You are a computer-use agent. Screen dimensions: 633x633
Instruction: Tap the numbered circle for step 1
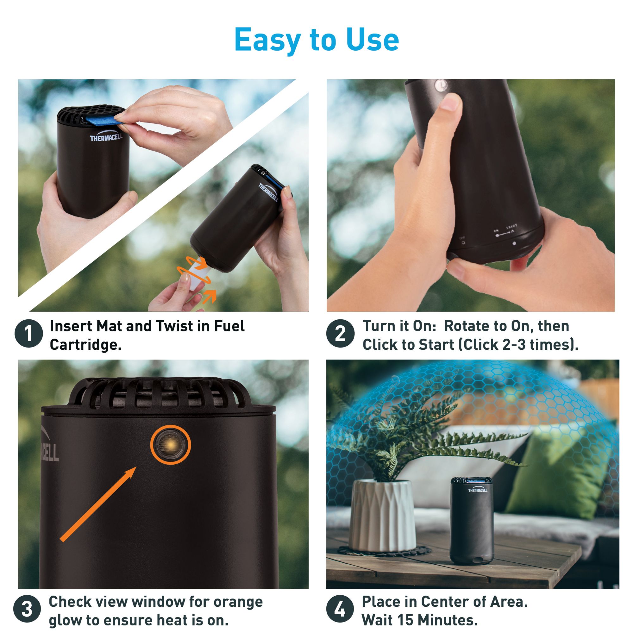click(x=29, y=335)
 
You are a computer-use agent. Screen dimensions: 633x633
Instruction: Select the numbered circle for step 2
click(x=341, y=335)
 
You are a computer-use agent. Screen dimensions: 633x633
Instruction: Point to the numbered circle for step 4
click(x=341, y=610)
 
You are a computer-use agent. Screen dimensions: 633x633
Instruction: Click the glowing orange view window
click(x=170, y=445)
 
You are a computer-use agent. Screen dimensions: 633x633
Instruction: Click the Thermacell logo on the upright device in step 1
click(x=106, y=137)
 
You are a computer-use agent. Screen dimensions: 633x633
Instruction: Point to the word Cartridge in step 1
click(x=85, y=345)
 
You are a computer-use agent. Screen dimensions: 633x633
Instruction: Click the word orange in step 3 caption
click(x=238, y=602)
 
